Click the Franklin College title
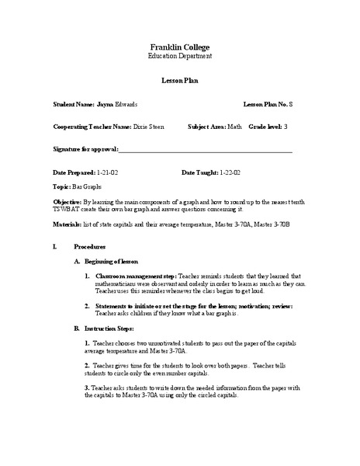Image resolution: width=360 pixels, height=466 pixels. point(179,47)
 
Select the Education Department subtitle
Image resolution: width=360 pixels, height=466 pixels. point(179,57)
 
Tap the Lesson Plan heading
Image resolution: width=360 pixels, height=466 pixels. point(179,80)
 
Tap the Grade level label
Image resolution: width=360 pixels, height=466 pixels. point(265,126)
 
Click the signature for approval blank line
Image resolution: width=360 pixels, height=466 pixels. point(206,150)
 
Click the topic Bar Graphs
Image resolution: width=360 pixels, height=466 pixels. point(87,187)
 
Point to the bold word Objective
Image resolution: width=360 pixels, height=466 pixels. point(69,202)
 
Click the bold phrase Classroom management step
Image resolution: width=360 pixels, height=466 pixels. point(136,276)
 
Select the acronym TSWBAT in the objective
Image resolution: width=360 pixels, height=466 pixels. point(68,209)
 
